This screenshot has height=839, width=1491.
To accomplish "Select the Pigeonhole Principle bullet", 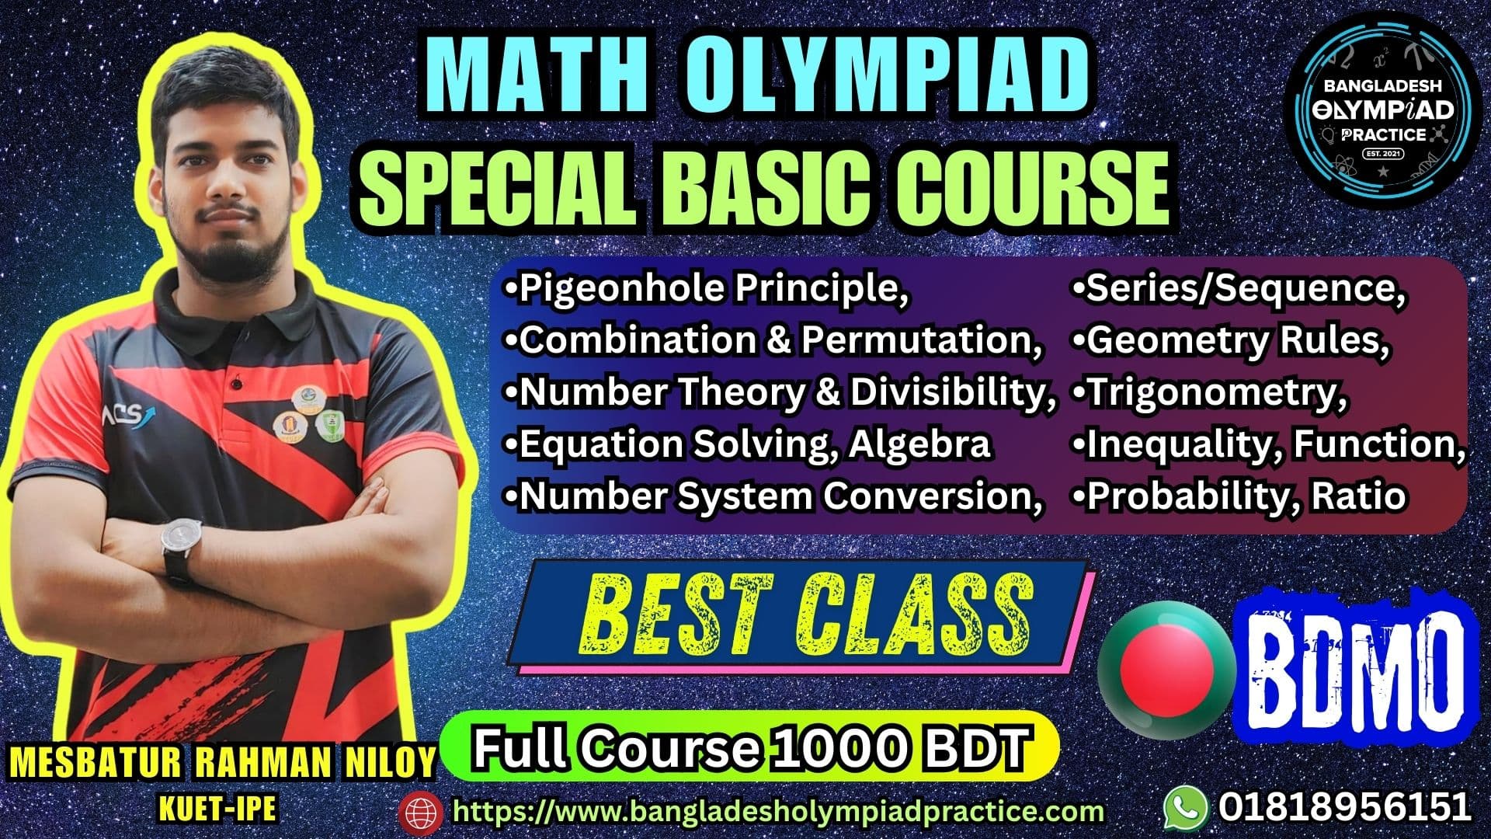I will [707, 289].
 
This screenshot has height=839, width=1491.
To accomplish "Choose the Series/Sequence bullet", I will [1239, 289].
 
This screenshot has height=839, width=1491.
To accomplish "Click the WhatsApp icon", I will [1186, 807].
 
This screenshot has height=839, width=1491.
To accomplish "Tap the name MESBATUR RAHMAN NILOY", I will [223, 763].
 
